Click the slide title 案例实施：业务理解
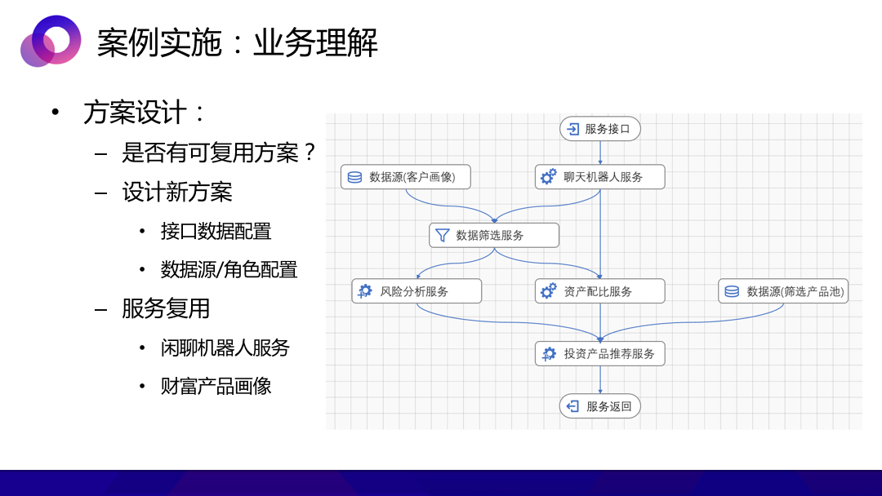(x=238, y=42)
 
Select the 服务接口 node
(x=600, y=129)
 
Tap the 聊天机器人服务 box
(x=600, y=177)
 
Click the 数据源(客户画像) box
(x=406, y=177)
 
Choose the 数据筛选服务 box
(x=494, y=236)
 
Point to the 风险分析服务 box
(x=416, y=291)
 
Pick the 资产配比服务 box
(x=600, y=291)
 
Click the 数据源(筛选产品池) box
(x=783, y=291)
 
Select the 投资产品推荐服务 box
(x=600, y=354)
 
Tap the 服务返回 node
(x=600, y=406)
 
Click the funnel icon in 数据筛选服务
(x=443, y=236)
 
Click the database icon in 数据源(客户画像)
(x=355, y=178)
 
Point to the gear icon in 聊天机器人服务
(x=549, y=177)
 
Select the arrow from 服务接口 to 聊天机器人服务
(x=600, y=153)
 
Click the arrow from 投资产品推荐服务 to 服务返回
(x=600, y=380)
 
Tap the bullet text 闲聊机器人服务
(x=225, y=348)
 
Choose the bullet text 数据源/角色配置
(x=229, y=270)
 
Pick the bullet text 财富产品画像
(x=216, y=387)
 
